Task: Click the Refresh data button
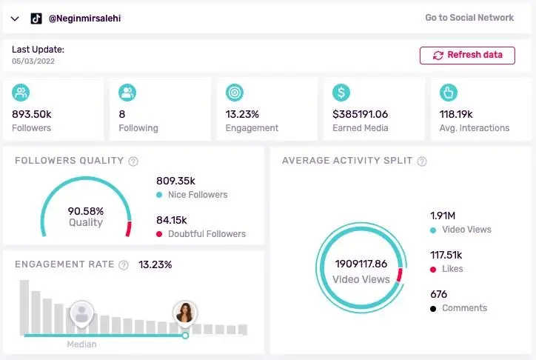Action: [x=466, y=55]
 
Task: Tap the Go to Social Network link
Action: [x=469, y=18]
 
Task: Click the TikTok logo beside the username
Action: [x=36, y=19]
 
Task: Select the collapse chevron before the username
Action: [x=15, y=19]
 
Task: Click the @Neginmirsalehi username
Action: [x=85, y=19]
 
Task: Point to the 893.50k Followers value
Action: [x=32, y=114]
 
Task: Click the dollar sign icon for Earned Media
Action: [x=341, y=93]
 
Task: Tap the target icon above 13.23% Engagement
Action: [x=235, y=93]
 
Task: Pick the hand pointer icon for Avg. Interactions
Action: [x=448, y=93]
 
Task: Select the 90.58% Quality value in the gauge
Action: [x=86, y=210]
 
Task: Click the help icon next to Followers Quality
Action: [x=133, y=161]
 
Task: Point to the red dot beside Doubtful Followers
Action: [x=159, y=234]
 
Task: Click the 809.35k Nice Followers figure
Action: [x=176, y=180]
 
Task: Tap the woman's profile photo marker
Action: [x=185, y=313]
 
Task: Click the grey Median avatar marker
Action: [x=81, y=313]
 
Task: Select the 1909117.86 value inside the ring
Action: [x=361, y=264]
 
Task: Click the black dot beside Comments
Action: [x=433, y=308]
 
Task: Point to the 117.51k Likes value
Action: [x=446, y=254]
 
